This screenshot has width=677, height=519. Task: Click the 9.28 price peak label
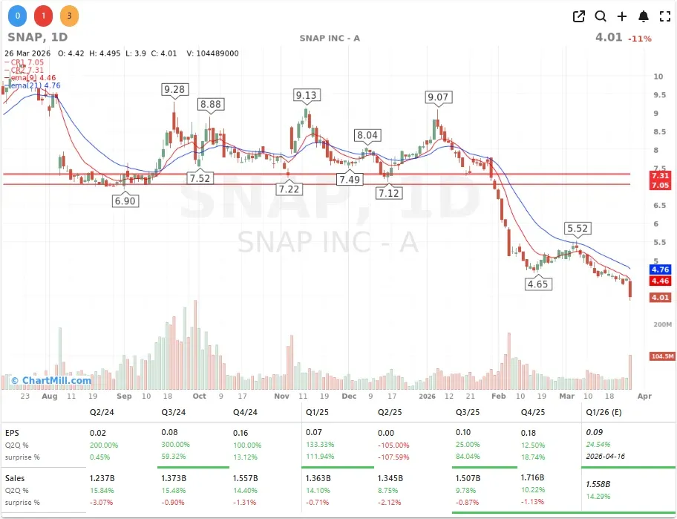[174, 90]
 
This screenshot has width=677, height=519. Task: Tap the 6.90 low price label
[125, 201]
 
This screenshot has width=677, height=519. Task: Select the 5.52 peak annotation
[578, 229]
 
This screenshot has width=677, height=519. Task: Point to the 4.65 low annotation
[538, 284]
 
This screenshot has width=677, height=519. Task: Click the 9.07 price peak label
[438, 97]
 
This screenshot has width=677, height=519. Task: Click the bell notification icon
[644, 16]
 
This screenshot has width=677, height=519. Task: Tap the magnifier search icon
[601, 16]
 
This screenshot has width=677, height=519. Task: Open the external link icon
[579, 16]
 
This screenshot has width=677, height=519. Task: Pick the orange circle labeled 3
[68, 16]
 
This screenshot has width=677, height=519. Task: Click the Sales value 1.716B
[532, 478]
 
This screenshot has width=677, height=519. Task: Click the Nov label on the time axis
[281, 396]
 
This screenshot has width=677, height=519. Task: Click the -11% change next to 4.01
[639, 39]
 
